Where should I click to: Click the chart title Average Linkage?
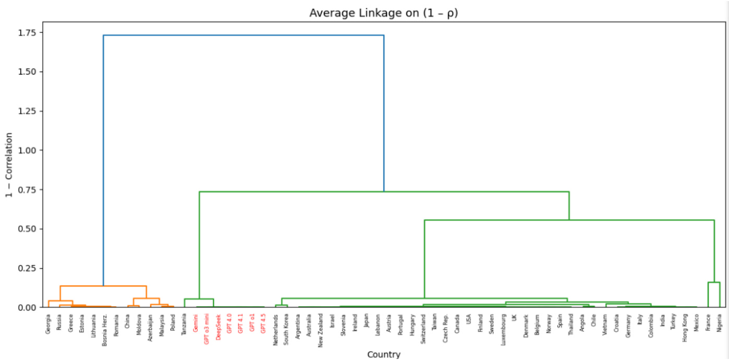tap(383, 13)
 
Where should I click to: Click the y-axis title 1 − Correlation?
tap(9, 165)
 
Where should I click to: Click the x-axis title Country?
tap(383, 355)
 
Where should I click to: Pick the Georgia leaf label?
tap(48, 324)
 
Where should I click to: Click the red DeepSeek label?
tap(218, 326)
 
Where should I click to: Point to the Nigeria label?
tap(720, 323)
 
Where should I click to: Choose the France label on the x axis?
tap(708, 323)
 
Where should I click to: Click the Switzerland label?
tap(423, 328)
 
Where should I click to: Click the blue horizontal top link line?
tap(244, 35)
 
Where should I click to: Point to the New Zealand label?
tap(321, 329)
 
